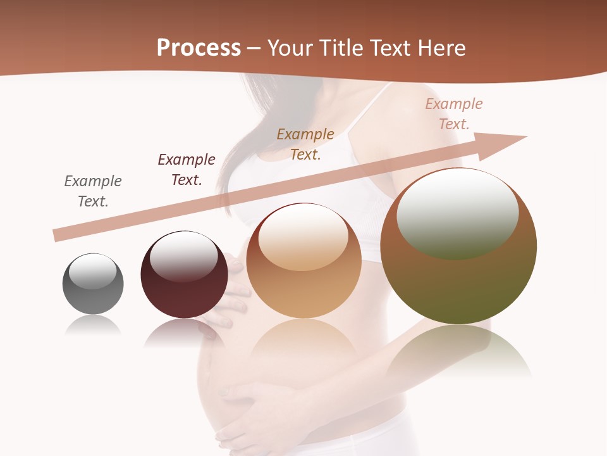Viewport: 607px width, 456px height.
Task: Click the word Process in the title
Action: [x=199, y=48]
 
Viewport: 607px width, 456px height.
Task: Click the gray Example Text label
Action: [x=93, y=191]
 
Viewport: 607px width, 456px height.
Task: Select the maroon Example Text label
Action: [x=187, y=170]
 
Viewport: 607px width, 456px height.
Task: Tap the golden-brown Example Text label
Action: [x=305, y=144]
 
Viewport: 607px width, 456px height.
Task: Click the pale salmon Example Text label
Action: [x=454, y=114]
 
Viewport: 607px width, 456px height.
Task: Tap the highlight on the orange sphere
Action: [x=303, y=236]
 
